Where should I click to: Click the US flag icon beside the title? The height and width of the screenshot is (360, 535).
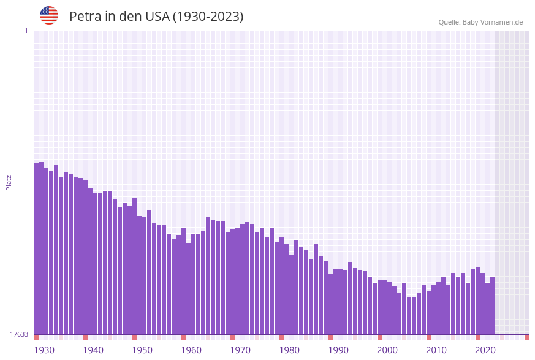coord(49,15)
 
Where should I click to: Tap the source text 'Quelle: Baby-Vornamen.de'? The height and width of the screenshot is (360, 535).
coord(480,22)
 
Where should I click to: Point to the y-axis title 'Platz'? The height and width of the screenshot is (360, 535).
coord(9,182)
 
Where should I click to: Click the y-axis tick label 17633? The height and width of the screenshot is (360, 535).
coord(19,334)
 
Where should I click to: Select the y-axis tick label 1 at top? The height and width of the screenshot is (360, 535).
coord(26,31)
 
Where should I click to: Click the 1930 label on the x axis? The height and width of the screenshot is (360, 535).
coord(44,350)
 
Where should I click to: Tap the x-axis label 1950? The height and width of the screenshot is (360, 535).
coord(142,350)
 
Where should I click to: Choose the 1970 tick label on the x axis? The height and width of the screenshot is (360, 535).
coord(240,350)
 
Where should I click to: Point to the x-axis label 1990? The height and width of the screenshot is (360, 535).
coord(338,350)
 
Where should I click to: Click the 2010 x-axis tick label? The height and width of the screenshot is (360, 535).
coord(436,350)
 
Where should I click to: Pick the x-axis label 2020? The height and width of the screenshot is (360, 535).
coord(485,350)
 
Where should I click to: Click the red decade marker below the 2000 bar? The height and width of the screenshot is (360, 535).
coord(380,337)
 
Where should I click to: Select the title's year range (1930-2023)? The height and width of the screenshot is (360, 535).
coord(208,17)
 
